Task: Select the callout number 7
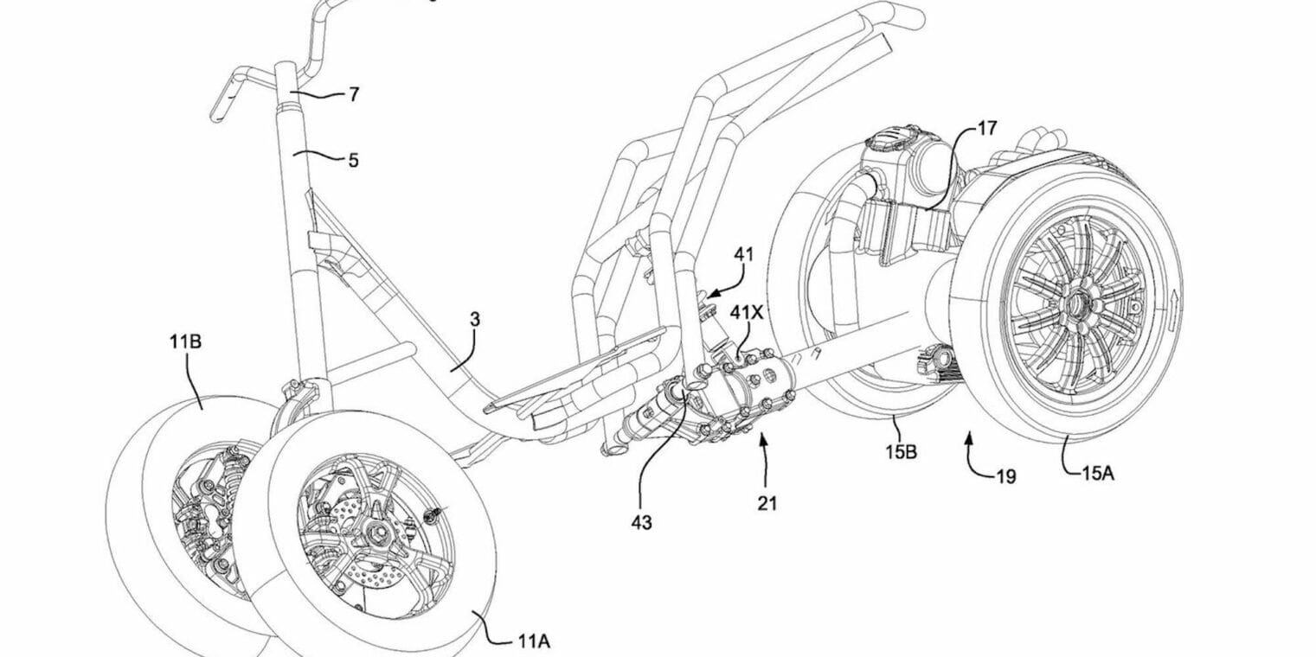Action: (x=353, y=95)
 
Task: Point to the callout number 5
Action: (x=353, y=160)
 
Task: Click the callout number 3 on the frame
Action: (x=475, y=320)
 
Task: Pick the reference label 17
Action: (x=986, y=129)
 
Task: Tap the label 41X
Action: (x=746, y=312)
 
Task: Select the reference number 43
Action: (x=641, y=522)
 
